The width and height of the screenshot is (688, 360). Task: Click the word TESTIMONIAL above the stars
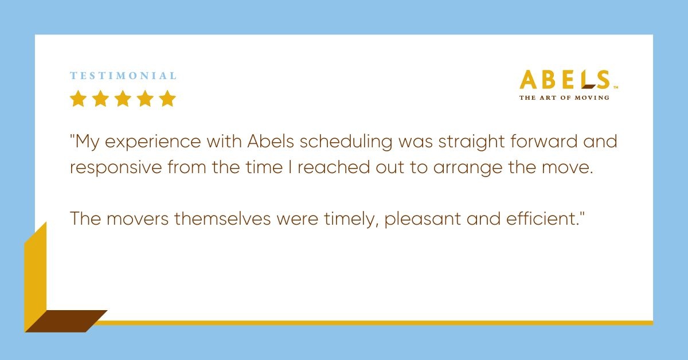[x=123, y=76]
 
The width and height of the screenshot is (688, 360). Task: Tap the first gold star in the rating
[x=78, y=99]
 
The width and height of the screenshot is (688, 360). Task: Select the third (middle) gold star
[x=123, y=99]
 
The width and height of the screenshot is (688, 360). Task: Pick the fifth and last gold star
[x=167, y=99]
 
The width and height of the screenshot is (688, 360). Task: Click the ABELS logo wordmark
[x=564, y=80]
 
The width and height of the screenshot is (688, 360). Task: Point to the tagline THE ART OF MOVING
[x=564, y=97]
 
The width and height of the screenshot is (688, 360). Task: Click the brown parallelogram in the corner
[x=66, y=321]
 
